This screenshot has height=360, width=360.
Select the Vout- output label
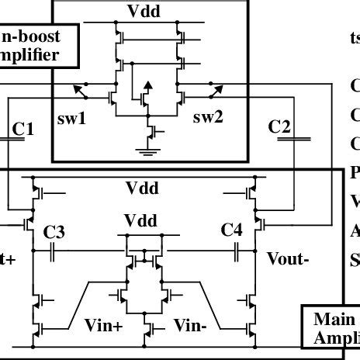coord(288,258)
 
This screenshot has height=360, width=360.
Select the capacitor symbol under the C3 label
coord(53,251)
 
